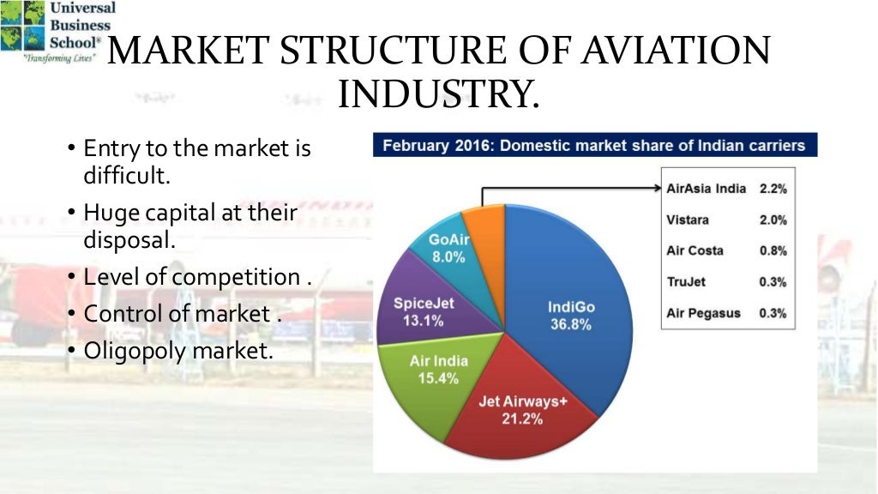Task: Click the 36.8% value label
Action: pyautogui.click(x=571, y=325)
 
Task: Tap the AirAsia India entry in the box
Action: pyautogui.click(x=706, y=189)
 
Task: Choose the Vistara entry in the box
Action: pyautogui.click(x=688, y=220)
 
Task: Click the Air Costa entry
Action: pyautogui.click(x=695, y=250)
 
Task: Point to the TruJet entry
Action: pyautogui.click(x=686, y=281)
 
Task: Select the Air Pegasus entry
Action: pyautogui.click(x=702, y=313)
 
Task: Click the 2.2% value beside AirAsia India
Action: pyautogui.click(x=773, y=189)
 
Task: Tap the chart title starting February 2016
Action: pyautogui.click(x=593, y=145)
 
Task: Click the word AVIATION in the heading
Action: pyautogui.click(x=670, y=51)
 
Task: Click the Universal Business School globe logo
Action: pyautogui.click(x=21, y=26)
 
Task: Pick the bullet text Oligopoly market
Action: pyautogui.click(x=177, y=351)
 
